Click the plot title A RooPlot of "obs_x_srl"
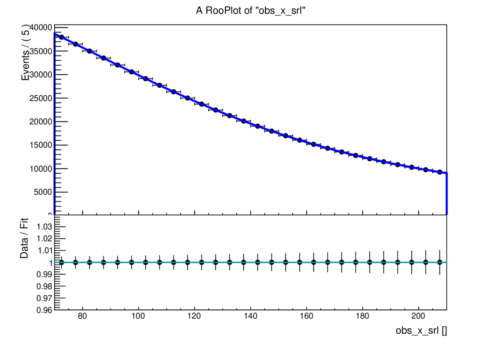coord(251,11)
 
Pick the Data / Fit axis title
coord(24,242)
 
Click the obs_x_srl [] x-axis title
coord(421,331)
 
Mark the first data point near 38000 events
coord(61,37)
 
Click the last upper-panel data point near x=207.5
coord(440,172)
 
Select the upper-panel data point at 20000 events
coord(244,121)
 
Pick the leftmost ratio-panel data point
coord(61,262)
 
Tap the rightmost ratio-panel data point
coord(440,262)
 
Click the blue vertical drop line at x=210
coord(446,195)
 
